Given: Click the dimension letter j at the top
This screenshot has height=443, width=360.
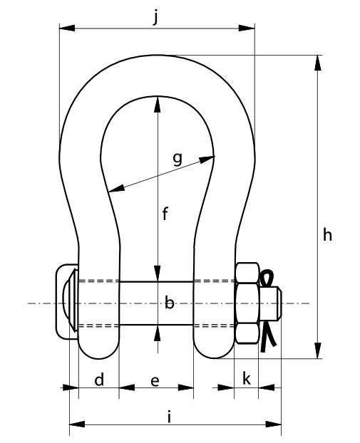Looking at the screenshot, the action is point(155,18).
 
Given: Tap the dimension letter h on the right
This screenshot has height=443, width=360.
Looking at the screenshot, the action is point(327,235).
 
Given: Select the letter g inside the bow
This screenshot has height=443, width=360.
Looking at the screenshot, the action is point(178,159).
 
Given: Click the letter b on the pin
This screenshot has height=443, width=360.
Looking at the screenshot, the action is point(169,303).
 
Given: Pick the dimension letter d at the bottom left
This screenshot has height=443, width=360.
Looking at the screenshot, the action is point(99,380).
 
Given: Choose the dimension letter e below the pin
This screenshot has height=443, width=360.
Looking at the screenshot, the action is point(155,382).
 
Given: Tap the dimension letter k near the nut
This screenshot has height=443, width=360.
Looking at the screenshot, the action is point(247,379).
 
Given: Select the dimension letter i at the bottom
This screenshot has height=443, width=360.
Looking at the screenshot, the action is point(169,417).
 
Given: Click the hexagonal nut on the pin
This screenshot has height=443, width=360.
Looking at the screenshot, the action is point(247,303).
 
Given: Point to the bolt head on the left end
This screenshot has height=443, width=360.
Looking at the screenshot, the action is point(67,301).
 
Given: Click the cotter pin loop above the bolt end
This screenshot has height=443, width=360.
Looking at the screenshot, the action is point(267,278).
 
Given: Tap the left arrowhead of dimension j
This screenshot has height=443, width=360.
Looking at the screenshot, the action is point(67,28).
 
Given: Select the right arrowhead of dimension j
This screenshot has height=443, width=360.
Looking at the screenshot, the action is point(247,28).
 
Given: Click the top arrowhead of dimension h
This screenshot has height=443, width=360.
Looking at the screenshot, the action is point(318,63).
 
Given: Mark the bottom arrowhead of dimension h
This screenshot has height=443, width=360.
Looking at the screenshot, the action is point(318,350).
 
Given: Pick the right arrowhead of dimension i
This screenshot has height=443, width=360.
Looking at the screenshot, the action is point(274,424).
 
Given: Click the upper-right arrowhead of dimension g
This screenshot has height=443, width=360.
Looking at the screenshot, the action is point(207,160).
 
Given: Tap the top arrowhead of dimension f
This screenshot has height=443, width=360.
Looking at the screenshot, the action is point(158,105).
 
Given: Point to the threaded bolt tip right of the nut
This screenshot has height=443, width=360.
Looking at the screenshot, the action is point(270,303).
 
